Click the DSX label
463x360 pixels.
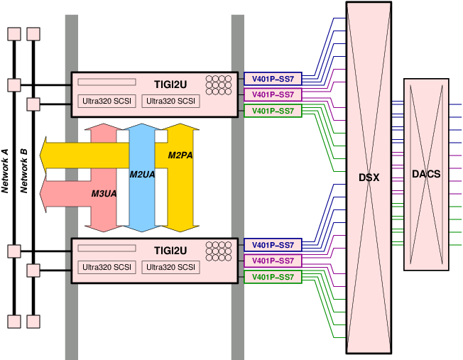(x=369, y=177)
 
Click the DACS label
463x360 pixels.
(x=426, y=174)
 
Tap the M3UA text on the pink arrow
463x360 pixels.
(x=104, y=193)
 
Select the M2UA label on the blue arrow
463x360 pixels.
(x=142, y=174)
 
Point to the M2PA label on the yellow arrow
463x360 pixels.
(x=180, y=155)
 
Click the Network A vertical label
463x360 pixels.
(x=5, y=171)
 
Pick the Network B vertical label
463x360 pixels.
(x=23, y=171)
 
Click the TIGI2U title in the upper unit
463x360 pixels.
(x=170, y=84)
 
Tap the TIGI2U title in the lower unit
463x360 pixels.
(x=170, y=250)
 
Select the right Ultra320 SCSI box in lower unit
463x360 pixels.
(x=170, y=268)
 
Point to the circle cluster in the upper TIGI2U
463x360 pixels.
(x=219, y=84)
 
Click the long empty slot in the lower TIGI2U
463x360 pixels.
(x=107, y=249)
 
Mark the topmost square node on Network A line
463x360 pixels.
(x=13, y=34)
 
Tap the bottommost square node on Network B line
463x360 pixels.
(x=33, y=322)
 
